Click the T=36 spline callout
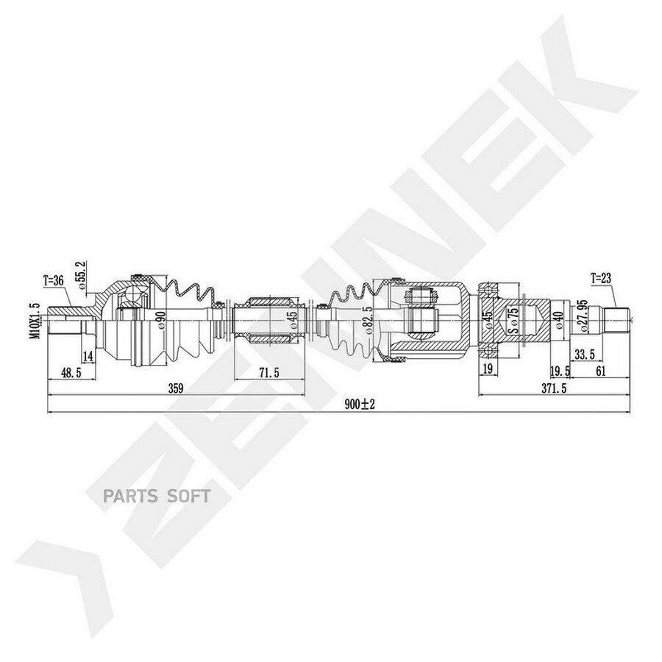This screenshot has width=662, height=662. (x=53, y=280)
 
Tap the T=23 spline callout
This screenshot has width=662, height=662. (x=601, y=278)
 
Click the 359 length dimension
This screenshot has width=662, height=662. (x=176, y=388)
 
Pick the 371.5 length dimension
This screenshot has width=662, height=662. (x=554, y=388)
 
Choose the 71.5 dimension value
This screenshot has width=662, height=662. (x=270, y=372)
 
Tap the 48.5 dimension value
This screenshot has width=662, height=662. (x=71, y=372)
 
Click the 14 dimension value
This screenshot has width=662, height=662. (x=88, y=357)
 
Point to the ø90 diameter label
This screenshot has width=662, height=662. (x=160, y=321)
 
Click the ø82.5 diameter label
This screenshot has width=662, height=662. (x=370, y=321)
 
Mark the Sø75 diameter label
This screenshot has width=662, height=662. (x=513, y=321)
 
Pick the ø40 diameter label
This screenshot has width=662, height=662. (x=560, y=321)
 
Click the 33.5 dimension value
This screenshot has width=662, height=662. (x=584, y=355)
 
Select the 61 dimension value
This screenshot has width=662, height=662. (x=601, y=371)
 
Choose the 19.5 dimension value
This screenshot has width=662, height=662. (x=560, y=371)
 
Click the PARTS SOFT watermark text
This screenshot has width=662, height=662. (x=157, y=496)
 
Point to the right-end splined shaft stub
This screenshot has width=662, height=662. (x=617, y=321)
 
